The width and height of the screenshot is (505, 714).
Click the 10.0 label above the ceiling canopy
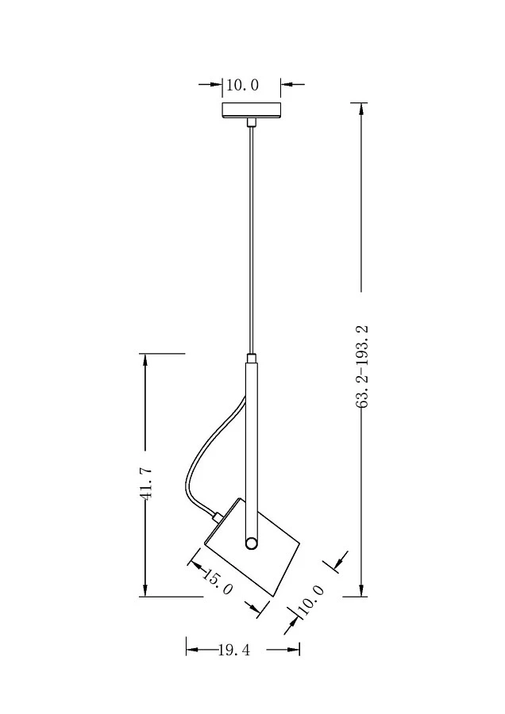pyautogui.click(x=243, y=85)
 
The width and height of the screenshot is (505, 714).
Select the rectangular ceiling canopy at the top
pyautogui.click(x=252, y=110)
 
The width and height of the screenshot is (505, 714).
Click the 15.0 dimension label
pyautogui.click(x=218, y=583)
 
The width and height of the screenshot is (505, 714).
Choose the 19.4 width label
pyautogui.click(x=234, y=651)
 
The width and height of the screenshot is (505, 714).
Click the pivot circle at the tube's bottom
pyautogui.click(x=252, y=543)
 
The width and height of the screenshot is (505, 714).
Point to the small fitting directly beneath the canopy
pyautogui.click(x=252, y=122)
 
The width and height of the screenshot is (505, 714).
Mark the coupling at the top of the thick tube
pyautogui.click(x=252, y=359)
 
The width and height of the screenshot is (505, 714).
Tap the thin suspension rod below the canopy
pyautogui.click(x=252, y=238)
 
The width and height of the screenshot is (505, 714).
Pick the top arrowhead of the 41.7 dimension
pyautogui.click(x=145, y=359)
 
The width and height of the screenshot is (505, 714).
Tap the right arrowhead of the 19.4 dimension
pyautogui.click(x=295, y=650)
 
